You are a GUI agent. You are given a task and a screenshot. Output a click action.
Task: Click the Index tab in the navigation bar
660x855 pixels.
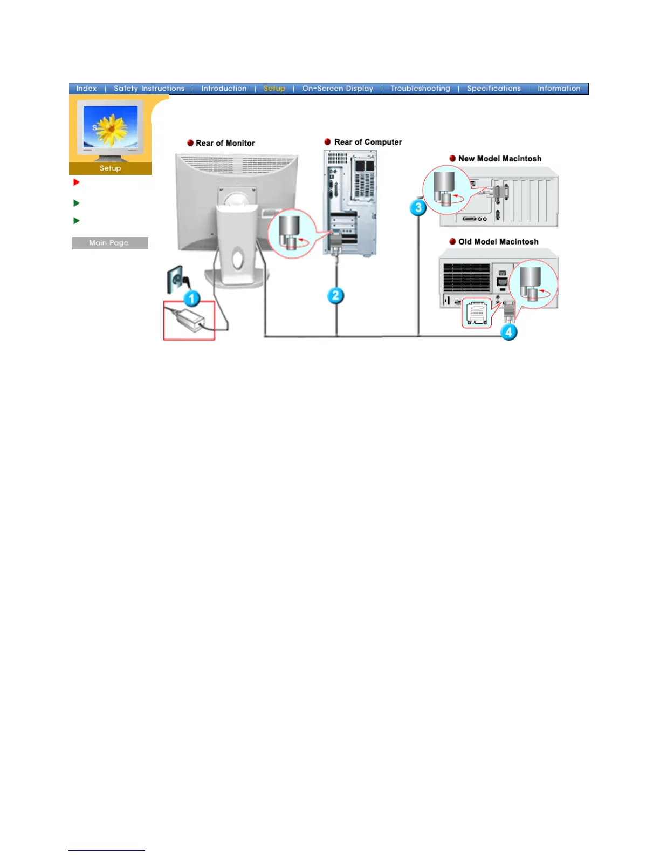pos(86,89)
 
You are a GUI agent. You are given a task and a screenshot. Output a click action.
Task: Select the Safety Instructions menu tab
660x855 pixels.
pos(149,89)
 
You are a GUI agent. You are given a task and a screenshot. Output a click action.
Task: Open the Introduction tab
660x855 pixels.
pos(224,89)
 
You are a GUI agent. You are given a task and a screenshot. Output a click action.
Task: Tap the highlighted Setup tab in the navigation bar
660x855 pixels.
pos(274,89)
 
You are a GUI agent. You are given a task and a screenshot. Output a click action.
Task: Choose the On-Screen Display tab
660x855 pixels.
pos(338,89)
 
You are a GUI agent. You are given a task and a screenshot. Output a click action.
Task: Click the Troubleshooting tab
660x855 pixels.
pos(420,89)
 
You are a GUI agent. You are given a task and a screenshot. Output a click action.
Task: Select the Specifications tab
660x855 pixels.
pos(494,89)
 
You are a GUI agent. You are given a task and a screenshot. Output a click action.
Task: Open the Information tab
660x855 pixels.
pos(559,89)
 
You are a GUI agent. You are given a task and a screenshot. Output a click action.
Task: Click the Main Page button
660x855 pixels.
pos(110,243)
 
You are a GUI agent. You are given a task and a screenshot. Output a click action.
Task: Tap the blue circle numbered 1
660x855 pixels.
pos(191,298)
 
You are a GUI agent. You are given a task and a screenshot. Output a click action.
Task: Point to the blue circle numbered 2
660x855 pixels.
pos(335,295)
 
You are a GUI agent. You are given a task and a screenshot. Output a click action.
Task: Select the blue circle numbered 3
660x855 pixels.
pos(418,207)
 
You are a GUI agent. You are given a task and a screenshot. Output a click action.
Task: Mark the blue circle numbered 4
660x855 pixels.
pos(508,332)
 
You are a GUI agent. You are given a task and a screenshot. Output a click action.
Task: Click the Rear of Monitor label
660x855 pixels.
pos(225,143)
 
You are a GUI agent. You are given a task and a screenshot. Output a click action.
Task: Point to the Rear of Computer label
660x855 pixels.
pos(368,142)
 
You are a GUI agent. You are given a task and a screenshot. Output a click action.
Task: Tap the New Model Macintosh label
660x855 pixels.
pos(499,159)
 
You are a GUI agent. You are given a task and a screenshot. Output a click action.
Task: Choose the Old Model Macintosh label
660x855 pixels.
pos(498,242)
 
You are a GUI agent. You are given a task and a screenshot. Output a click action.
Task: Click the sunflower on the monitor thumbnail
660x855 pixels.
pos(111,128)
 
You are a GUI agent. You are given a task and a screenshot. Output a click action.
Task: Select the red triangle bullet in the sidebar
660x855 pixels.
pos(77,182)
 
